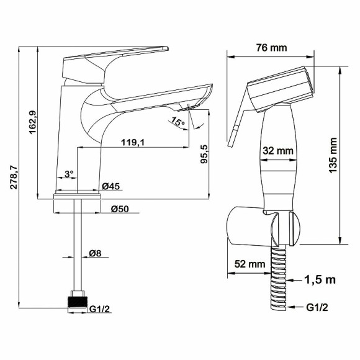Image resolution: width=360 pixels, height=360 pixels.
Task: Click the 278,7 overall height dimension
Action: pos(14,177)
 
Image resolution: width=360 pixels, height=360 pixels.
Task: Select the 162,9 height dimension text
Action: pos(32,122)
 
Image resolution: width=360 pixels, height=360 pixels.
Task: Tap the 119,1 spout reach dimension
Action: pos(133,143)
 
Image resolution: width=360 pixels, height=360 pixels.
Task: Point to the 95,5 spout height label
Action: pos(204,154)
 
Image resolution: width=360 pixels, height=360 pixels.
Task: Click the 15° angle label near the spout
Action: pos(178,121)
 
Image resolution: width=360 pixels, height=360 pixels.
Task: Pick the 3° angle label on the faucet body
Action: pos(69,174)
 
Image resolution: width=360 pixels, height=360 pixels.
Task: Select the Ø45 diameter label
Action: pos(111,186)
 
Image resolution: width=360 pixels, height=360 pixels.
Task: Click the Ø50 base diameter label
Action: pos(120,209)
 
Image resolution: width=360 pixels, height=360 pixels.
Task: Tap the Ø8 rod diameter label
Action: pos(95,253)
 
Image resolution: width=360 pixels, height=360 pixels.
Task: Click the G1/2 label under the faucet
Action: pos(99,309)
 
